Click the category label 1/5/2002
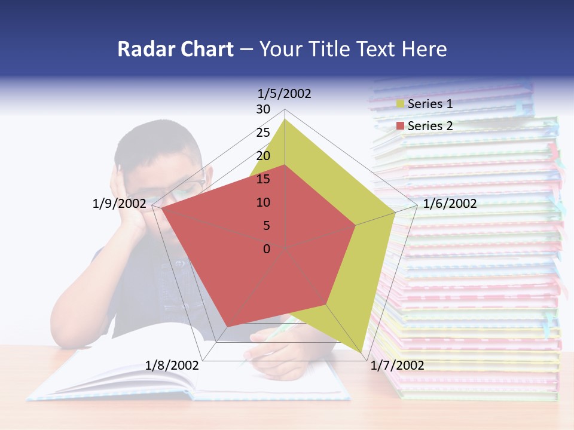point(285,94)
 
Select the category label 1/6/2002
point(450,204)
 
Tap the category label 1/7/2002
point(397,365)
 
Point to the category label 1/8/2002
point(172,365)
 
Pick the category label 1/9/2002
point(119,204)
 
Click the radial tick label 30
point(263,109)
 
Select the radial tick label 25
point(263,133)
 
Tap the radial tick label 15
point(263,179)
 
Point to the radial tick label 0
point(267,249)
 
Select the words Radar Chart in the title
point(175,49)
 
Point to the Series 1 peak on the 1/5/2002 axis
point(285,119)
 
